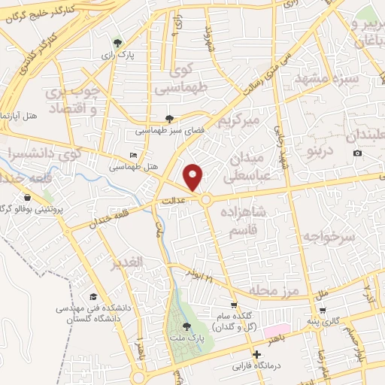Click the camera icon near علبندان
(x=357, y=153)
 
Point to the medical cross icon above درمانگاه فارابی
(x=257, y=354)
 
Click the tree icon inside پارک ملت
(x=185, y=326)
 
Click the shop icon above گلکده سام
(x=234, y=305)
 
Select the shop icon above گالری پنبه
(x=322, y=310)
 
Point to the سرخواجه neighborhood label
(x=328, y=236)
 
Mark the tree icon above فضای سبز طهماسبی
(x=170, y=119)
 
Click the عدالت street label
(x=174, y=202)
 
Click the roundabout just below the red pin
(x=205, y=199)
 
